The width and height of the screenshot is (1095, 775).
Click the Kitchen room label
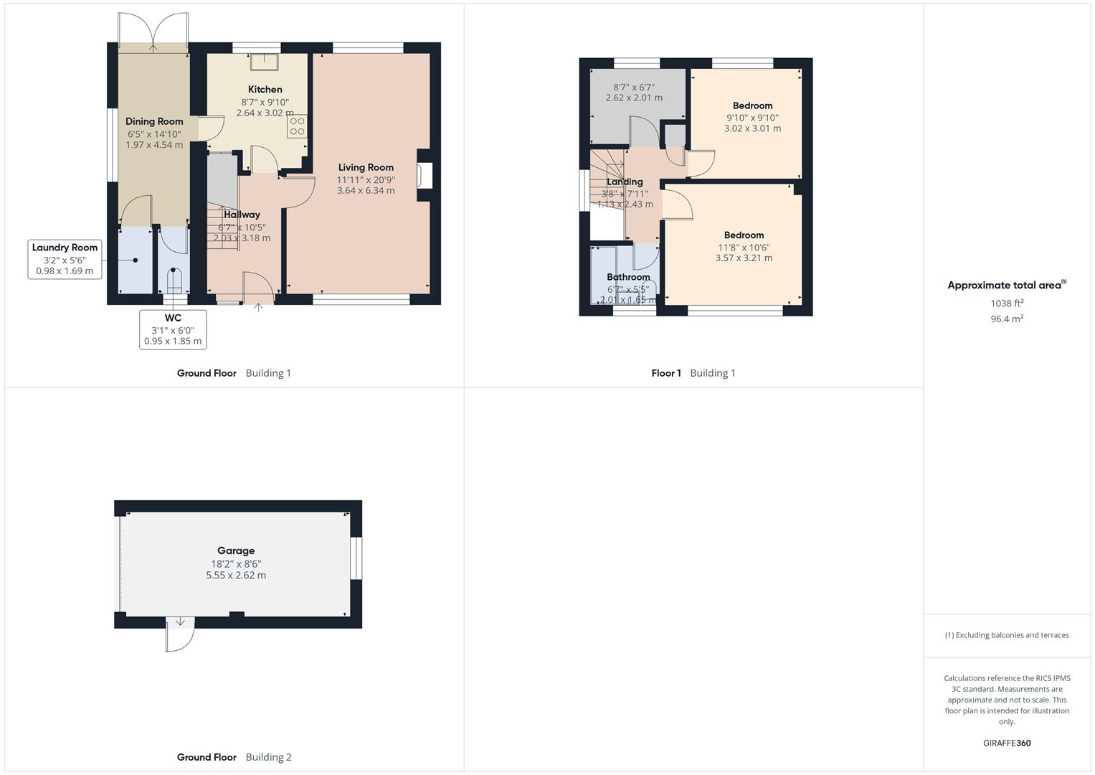click(x=265, y=90)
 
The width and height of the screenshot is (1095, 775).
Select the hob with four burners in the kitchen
click(x=297, y=127)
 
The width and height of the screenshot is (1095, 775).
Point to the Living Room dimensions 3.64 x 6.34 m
click(x=366, y=191)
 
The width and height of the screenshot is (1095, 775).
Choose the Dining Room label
click(x=154, y=121)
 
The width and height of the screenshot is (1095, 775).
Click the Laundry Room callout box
click(x=65, y=259)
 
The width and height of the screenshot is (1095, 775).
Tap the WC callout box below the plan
click(x=173, y=329)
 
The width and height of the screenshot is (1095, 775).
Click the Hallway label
click(x=242, y=215)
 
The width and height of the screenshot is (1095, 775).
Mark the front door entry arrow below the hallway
click(x=258, y=308)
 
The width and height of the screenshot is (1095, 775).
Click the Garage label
click(x=236, y=551)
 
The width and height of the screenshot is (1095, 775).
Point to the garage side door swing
click(x=179, y=634)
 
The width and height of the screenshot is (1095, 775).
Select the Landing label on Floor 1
click(x=625, y=182)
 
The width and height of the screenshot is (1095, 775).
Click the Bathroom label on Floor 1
click(x=628, y=277)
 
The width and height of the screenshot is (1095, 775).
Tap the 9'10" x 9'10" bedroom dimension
click(x=752, y=118)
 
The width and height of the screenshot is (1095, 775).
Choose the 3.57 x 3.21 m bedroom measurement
click(x=744, y=258)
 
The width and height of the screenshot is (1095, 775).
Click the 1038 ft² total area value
click(x=1007, y=304)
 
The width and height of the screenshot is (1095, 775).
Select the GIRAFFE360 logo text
click(x=1007, y=743)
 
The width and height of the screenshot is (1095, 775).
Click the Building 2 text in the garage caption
click(x=268, y=757)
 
